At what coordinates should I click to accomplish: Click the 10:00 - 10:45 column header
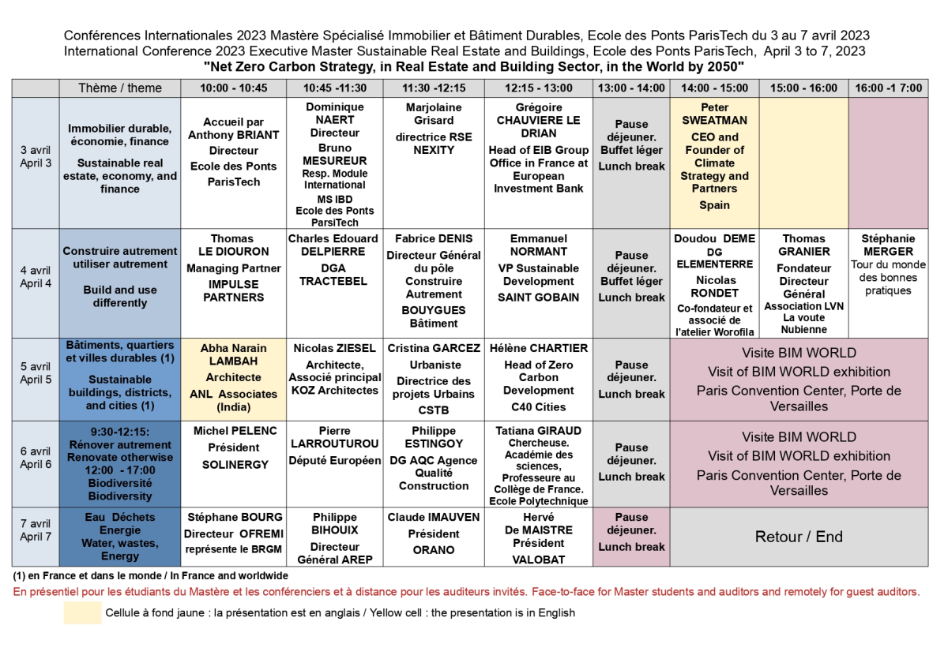pyautogui.click(x=234, y=88)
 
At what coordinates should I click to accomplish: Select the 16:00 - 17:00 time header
pyautogui.click(x=889, y=88)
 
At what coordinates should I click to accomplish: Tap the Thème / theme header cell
pyautogui.click(x=120, y=88)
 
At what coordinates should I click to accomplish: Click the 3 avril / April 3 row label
pyautogui.click(x=36, y=156)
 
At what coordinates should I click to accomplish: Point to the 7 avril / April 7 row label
pyautogui.click(x=36, y=530)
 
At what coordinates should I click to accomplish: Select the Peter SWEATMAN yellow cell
pyautogui.click(x=714, y=156)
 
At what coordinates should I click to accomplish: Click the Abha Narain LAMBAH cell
pyautogui.click(x=234, y=378)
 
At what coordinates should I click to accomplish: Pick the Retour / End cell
pyautogui.click(x=799, y=537)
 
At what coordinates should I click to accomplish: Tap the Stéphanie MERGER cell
pyautogui.click(x=889, y=264)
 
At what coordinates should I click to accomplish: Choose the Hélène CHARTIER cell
pyautogui.click(x=539, y=378)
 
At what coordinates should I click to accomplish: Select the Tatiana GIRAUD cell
pyautogui.click(x=539, y=466)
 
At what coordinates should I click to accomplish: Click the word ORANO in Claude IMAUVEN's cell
pyautogui.click(x=434, y=550)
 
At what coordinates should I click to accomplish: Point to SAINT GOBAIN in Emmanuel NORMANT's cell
pyautogui.click(x=539, y=298)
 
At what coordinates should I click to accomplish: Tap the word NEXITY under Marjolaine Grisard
pyautogui.click(x=434, y=150)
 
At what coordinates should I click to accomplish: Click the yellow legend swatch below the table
pyautogui.click(x=82, y=612)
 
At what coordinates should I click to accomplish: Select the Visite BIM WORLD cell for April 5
pyautogui.click(x=799, y=379)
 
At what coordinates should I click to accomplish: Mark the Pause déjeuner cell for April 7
pyautogui.click(x=631, y=533)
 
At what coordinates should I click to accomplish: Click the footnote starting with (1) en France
pyautogui.click(x=150, y=576)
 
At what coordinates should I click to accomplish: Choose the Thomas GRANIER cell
pyautogui.click(x=804, y=284)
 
